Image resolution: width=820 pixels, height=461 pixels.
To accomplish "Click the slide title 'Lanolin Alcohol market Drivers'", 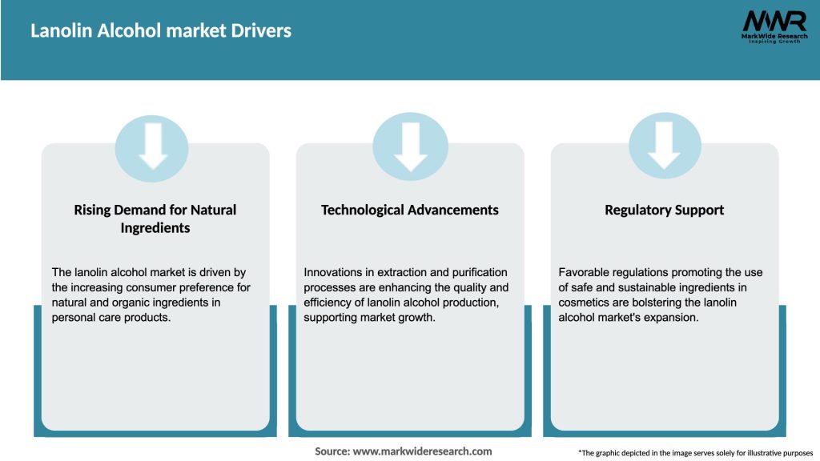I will pos(161,31).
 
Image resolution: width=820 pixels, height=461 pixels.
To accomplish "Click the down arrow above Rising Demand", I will pos(152,146).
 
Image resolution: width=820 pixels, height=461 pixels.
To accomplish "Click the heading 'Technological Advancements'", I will pos(409,210).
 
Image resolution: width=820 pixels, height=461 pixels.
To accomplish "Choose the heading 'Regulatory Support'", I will pos(664,210).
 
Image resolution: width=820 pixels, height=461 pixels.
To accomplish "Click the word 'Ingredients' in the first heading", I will pos(155,228).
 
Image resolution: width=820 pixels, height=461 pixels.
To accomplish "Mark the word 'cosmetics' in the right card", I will pos(586,303).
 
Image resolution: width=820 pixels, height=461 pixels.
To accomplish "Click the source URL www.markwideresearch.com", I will pos(424,451).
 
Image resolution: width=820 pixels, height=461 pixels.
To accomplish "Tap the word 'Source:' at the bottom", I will pos(332,451).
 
